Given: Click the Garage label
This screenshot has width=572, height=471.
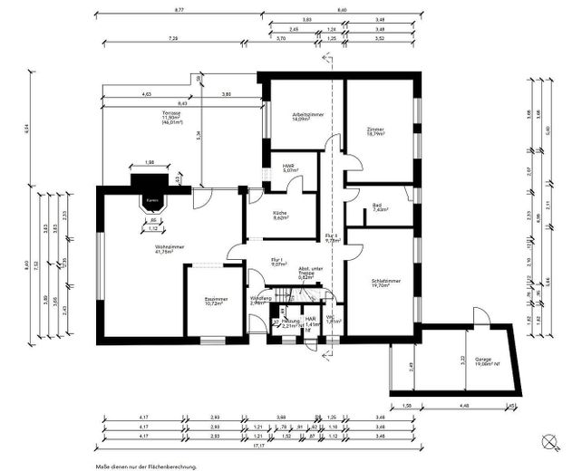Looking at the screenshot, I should click(482, 360).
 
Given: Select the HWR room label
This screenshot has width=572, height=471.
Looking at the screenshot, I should click(288, 166).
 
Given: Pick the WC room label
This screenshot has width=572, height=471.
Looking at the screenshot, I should click(333, 319).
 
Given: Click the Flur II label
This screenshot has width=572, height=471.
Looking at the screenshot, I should click(332, 238).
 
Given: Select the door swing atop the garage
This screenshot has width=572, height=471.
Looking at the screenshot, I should click(480, 317).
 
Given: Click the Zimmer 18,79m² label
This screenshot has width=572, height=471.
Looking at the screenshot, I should click(375, 132).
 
